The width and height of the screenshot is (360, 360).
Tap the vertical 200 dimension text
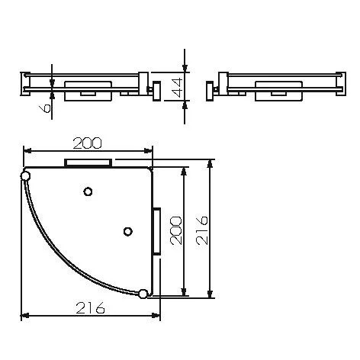[x=175, y=230]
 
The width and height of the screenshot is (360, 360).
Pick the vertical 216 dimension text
[x=202, y=230]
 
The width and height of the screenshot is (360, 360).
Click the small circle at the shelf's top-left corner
[x=26, y=177]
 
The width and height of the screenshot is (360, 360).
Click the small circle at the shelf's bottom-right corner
[x=143, y=294]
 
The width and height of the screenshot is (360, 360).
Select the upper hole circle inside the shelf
[x=88, y=191]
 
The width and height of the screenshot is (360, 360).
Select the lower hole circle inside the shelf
[x=128, y=230]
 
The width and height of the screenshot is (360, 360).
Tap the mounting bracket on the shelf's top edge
[x=88, y=163]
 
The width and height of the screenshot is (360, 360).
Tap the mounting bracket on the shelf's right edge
[x=156, y=230]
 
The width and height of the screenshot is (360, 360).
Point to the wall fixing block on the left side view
[x=156, y=90]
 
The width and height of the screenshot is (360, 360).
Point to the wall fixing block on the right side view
[x=210, y=90]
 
